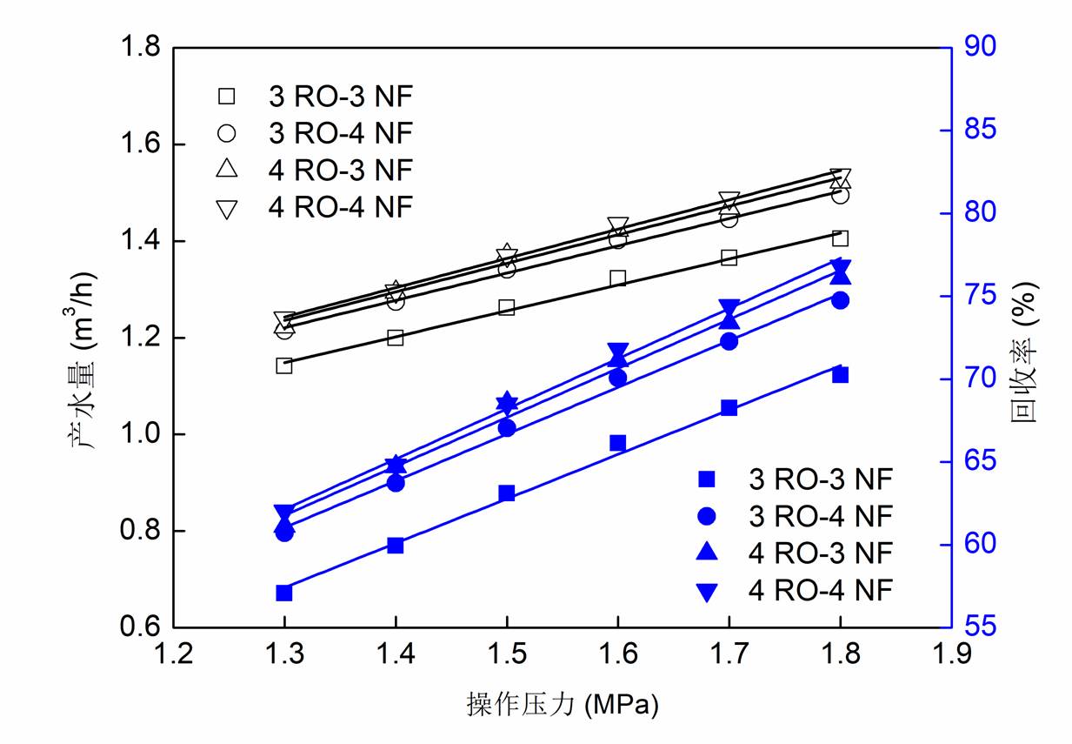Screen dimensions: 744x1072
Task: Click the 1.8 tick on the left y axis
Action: [142, 47]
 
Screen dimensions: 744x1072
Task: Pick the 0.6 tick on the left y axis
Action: [142, 627]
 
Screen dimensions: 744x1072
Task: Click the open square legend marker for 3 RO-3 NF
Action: [227, 95]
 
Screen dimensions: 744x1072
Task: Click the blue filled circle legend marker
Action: [707, 516]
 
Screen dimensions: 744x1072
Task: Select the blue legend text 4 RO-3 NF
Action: [821, 553]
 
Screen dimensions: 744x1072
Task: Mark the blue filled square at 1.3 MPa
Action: [284, 593]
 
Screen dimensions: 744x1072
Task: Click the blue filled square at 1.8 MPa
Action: [840, 375]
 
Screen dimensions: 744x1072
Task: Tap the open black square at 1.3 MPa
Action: [284, 365]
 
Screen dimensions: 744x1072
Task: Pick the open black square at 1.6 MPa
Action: [618, 278]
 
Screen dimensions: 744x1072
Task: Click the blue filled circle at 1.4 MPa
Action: [396, 483]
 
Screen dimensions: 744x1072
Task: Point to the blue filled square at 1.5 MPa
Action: [507, 493]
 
